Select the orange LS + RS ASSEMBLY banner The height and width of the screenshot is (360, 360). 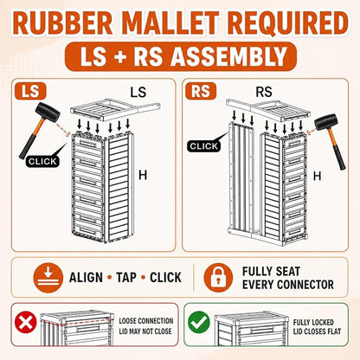click(181, 56)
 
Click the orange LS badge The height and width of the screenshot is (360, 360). click(30, 91)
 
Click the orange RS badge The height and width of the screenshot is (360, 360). click(201, 91)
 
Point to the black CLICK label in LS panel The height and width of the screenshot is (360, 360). click(42, 161)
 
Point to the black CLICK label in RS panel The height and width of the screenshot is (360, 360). click(203, 146)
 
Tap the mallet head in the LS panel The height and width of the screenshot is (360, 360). click(48, 112)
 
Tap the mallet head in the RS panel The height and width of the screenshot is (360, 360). click(326, 122)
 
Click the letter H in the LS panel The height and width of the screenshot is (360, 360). click(143, 175)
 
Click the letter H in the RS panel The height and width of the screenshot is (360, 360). click(317, 176)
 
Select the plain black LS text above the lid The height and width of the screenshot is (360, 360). click(138, 93)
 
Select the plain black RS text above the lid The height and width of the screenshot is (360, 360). click(264, 92)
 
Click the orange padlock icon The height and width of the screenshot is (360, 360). click(218, 278)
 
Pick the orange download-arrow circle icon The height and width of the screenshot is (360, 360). click(48, 278)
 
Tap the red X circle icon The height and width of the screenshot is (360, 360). click(26, 322)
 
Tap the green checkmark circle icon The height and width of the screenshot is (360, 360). click(199, 322)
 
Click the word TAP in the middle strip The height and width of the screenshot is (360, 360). click(126, 278)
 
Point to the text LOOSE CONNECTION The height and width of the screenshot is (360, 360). click(146, 321)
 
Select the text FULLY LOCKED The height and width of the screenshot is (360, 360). click(313, 322)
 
